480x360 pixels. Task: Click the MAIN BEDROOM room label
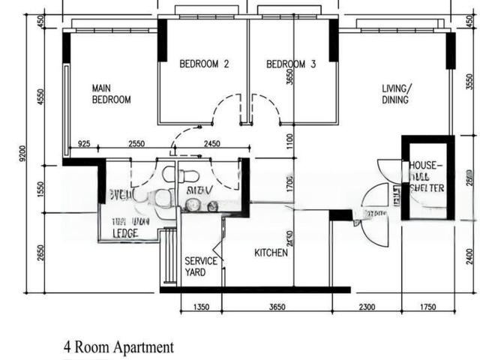click(111, 93)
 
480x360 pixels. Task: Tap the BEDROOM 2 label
click(204, 64)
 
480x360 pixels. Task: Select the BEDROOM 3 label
click(290, 64)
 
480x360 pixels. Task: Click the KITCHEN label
click(271, 253)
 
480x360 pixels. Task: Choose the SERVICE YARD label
click(201, 266)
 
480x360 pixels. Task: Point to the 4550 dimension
click(42, 97)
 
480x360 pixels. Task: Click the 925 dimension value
click(84, 142)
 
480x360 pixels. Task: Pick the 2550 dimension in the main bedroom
click(137, 142)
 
